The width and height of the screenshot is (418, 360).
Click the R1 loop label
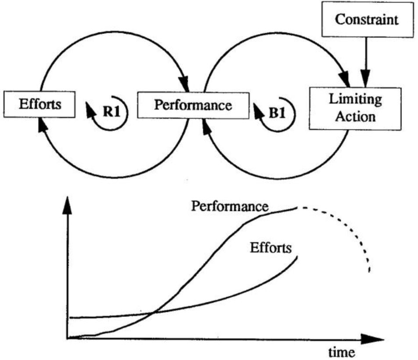click(112, 110)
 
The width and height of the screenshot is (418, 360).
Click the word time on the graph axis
click(340, 352)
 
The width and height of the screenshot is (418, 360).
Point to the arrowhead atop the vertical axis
click(67, 204)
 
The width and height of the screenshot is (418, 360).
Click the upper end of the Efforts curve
click(297, 257)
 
